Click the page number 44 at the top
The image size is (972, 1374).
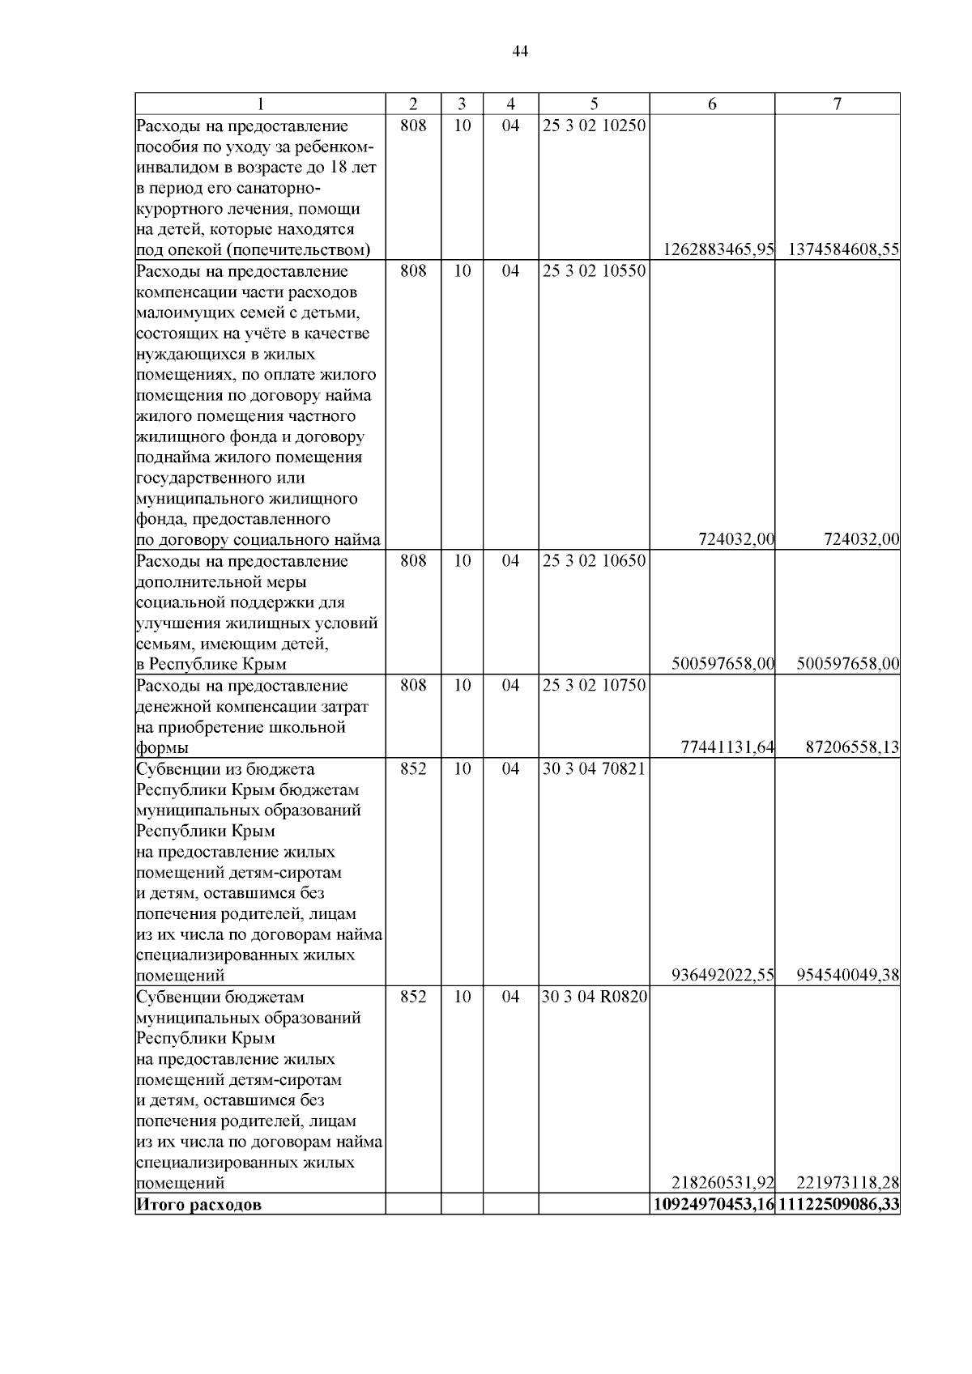tap(520, 52)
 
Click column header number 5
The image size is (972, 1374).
tap(595, 104)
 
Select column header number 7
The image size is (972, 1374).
tap(838, 104)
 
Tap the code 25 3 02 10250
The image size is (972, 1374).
tap(595, 126)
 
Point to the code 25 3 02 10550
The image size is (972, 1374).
tap(595, 271)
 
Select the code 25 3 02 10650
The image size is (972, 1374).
tap(595, 561)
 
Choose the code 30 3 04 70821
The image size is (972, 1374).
tap(595, 768)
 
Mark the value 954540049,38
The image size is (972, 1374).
tap(848, 976)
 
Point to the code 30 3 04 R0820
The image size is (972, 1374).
tap(595, 997)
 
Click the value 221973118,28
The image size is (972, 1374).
tap(848, 1183)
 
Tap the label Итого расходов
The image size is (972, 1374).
tap(199, 1205)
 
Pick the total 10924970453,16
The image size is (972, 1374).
tap(714, 1205)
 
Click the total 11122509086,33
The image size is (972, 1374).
tap(839, 1205)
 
